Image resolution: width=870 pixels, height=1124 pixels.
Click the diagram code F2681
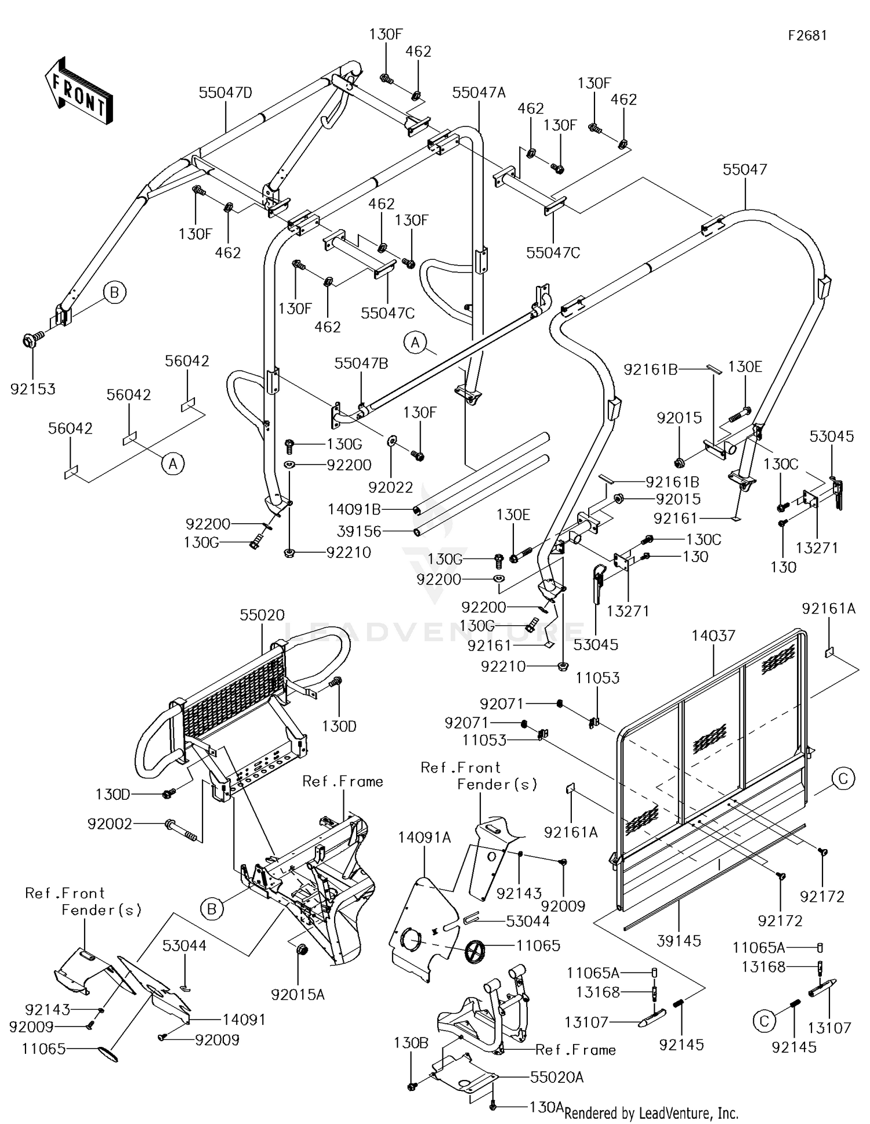[807, 35]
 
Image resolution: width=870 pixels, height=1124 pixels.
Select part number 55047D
[226, 92]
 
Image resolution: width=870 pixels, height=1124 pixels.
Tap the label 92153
[33, 389]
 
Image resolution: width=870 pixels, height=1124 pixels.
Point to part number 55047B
[361, 364]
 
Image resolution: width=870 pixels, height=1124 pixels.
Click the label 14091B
[354, 510]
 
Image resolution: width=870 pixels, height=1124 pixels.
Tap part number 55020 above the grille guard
[262, 615]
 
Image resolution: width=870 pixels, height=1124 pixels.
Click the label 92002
[110, 824]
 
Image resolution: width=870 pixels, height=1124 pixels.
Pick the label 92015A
[298, 995]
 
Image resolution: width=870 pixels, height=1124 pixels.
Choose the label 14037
[713, 636]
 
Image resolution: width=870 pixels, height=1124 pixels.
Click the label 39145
[679, 941]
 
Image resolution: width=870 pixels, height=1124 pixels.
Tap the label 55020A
[557, 1077]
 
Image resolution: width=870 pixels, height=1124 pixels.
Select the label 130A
[546, 1107]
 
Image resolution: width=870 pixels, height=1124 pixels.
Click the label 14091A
[425, 837]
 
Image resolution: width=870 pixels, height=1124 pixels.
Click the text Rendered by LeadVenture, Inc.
[651, 1113]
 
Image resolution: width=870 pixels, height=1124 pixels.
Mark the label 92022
[390, 488]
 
